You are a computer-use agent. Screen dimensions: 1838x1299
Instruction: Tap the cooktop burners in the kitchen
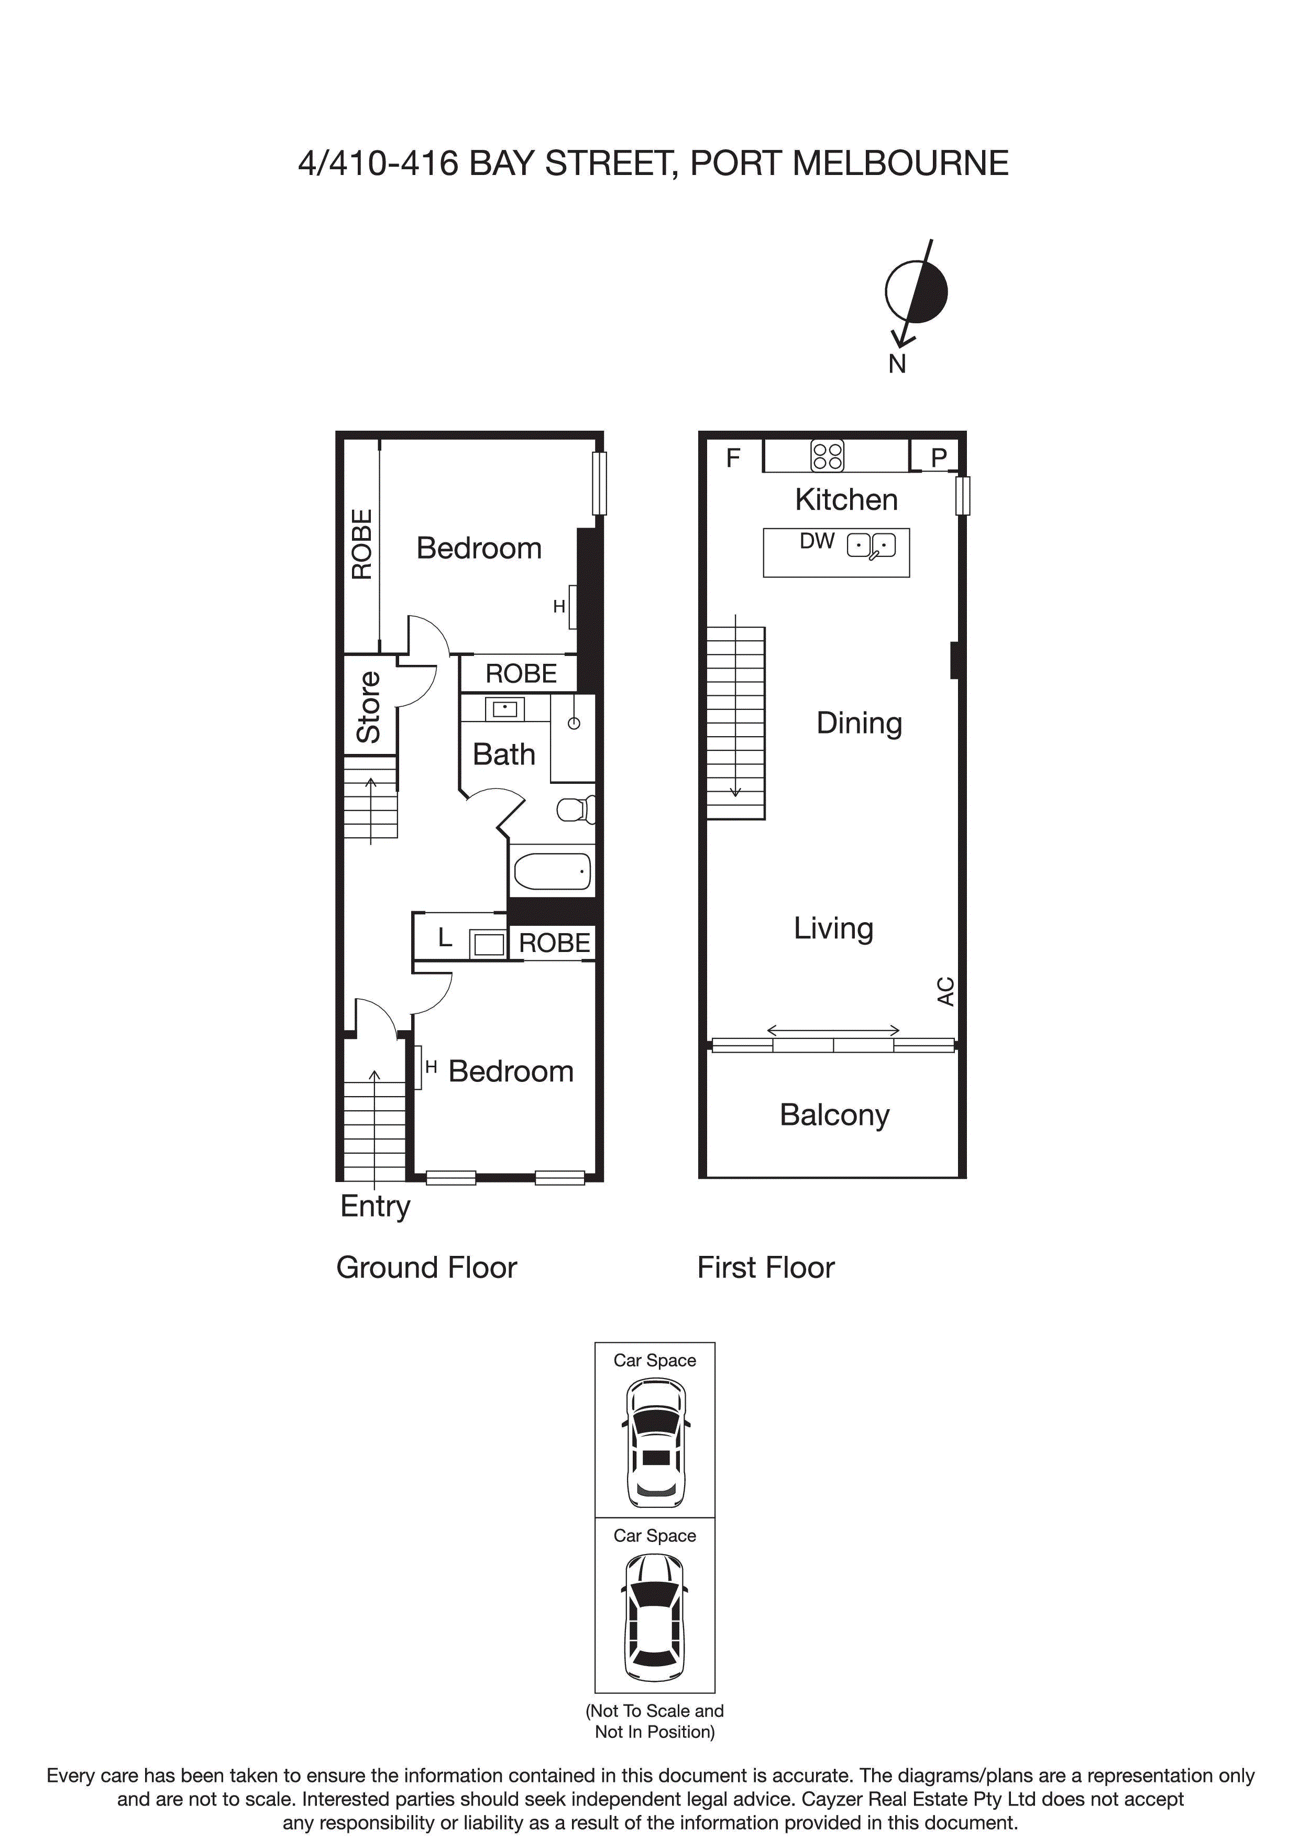pyautogui.click(x=827, y=455)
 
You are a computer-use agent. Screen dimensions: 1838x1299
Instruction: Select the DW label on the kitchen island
pyautogui.click(x=817, y=542)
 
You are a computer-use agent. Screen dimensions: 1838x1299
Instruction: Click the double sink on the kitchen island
pyautogui.click(x=871, y=546)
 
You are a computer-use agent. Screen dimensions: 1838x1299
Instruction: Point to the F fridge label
pyautogui.click(x=732, y=458)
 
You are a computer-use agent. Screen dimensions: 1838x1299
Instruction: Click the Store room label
pyautogui.click(x=369, y=707)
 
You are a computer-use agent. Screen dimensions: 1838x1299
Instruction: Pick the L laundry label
pyautogui.click(x=445, y=937)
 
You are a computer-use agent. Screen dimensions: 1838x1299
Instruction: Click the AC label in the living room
pyautogui.click(x=945, y=991)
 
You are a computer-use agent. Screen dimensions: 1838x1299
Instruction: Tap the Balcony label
pyautogui.click(x=834, y=1115)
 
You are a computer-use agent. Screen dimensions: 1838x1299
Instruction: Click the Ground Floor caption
pyautogui.click(x=426, y=1268)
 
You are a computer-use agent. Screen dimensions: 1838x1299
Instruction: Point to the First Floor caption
pyautogui.click(x=765, y=1268)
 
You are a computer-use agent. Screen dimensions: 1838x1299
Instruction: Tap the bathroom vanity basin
pyautogui.click(x=504, y=708)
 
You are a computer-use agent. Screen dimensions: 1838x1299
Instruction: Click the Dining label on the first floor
pyautogui.click(x=859, y=723)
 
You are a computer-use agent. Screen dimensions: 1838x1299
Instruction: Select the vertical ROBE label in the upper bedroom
pyautogui.click(x=362, y=544)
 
